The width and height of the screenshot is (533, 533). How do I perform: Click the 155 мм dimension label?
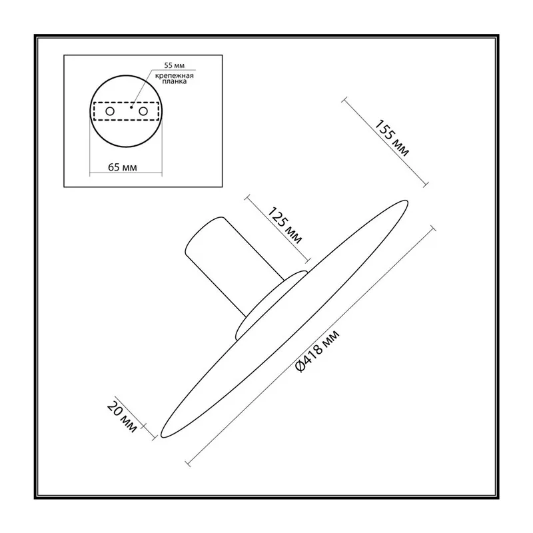[x=392, y=138]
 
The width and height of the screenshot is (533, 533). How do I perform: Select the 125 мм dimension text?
[x=284, y=225]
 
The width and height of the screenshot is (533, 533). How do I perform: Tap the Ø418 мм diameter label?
[x=317, y=351]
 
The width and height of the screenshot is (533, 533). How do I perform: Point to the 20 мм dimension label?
[x=123, y=417]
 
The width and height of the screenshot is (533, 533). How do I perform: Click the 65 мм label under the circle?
[x=123, y=167]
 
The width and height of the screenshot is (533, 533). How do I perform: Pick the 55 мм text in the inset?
[x=175, y=65]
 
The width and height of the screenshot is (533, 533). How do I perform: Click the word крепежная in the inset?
[x=175, y=76]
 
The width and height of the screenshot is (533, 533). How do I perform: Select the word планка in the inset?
[x=175, y=81]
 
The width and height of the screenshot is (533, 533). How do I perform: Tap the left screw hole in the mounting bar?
[x=110, y=111]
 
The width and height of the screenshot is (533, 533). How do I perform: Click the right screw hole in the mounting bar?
[x=143, y=111]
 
